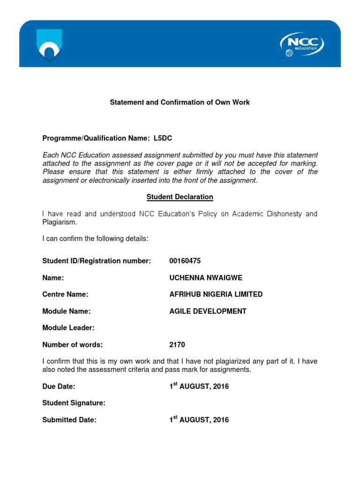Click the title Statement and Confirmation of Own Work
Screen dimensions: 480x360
(180, 102)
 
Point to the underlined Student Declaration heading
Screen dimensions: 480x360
(180, 197)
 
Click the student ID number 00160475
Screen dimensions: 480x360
(185, 261)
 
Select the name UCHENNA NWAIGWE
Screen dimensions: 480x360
(205, 278)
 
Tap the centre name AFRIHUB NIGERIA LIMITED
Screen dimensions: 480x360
(216, 294)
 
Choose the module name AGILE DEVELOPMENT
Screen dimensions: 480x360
(208, 311)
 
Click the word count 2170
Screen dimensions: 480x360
(177, 345)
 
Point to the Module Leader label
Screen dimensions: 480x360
(68, 328)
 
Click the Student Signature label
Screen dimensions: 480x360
(74, 403)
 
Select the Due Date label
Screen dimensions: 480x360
(59, 387)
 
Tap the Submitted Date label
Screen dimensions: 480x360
(69, 420)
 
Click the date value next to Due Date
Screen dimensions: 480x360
(199, 387)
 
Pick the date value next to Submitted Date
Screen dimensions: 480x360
(199, 420)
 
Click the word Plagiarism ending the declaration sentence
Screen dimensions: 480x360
(59, 223)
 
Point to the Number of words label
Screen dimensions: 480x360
(72, 345)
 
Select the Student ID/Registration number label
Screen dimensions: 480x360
(97, 261)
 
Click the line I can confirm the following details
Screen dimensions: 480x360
(95, 239)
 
